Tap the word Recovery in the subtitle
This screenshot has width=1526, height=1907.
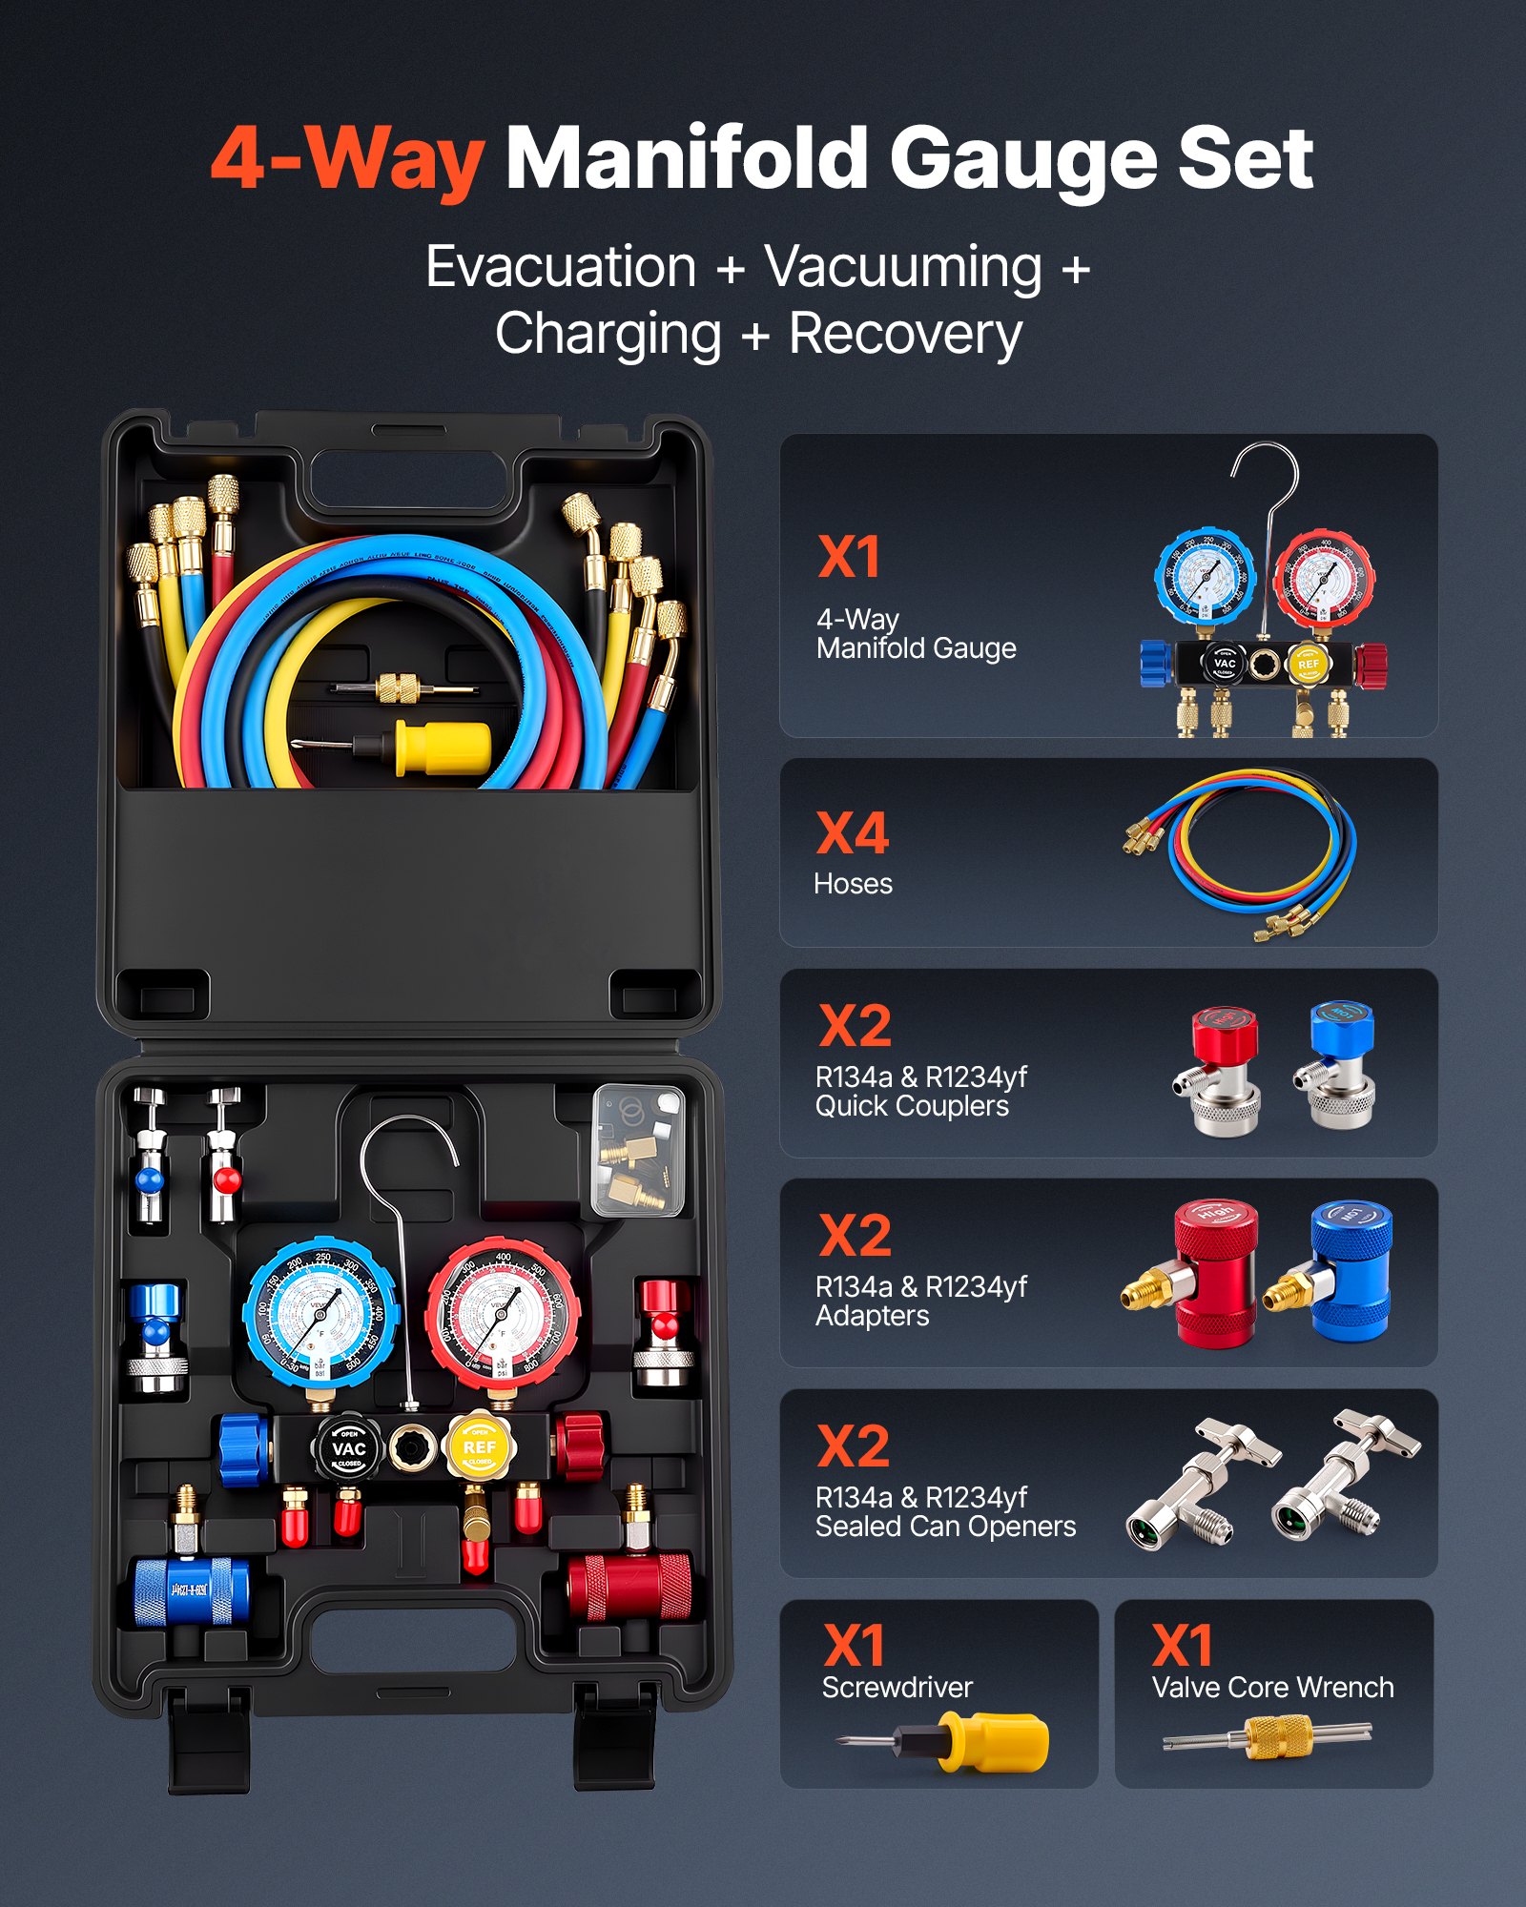click(905, 335)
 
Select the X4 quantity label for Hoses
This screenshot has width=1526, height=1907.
click(853, 833)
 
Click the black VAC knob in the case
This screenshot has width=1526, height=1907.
click(348, 1448)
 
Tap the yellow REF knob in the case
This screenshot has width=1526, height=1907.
click(480, 1446)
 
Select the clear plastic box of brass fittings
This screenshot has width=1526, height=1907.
click(638, 1151)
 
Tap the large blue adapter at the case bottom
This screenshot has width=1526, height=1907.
click(191, 1590)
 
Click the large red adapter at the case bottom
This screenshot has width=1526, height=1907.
click(629, 1587)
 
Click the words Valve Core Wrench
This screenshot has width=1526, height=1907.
click(1272, 1688)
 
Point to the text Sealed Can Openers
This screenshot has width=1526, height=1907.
click(945, 1527)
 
